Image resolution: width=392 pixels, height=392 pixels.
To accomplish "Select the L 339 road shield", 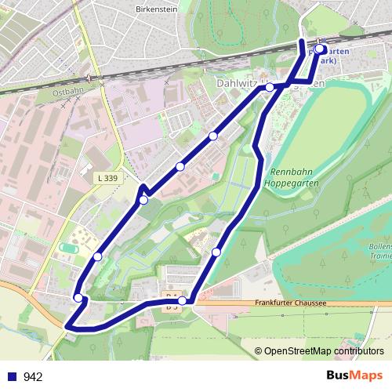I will (108, 179).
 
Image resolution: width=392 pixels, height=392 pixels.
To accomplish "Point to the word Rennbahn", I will (291, 172).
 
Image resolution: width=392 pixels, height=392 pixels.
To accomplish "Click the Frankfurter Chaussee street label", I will (289, 303).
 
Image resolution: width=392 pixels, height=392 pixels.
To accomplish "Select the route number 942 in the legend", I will (33, 376).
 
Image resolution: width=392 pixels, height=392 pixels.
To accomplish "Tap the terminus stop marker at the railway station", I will (320, 49).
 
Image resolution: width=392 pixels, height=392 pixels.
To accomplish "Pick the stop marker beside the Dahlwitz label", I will (270, 87).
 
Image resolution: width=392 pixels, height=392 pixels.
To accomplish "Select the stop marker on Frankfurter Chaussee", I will (182, 300).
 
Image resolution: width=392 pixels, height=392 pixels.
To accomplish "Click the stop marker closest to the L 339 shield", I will (143, 200).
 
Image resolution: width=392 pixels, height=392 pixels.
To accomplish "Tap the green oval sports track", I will (68, 248).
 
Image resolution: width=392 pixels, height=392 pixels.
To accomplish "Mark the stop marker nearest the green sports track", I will (98, 256).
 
